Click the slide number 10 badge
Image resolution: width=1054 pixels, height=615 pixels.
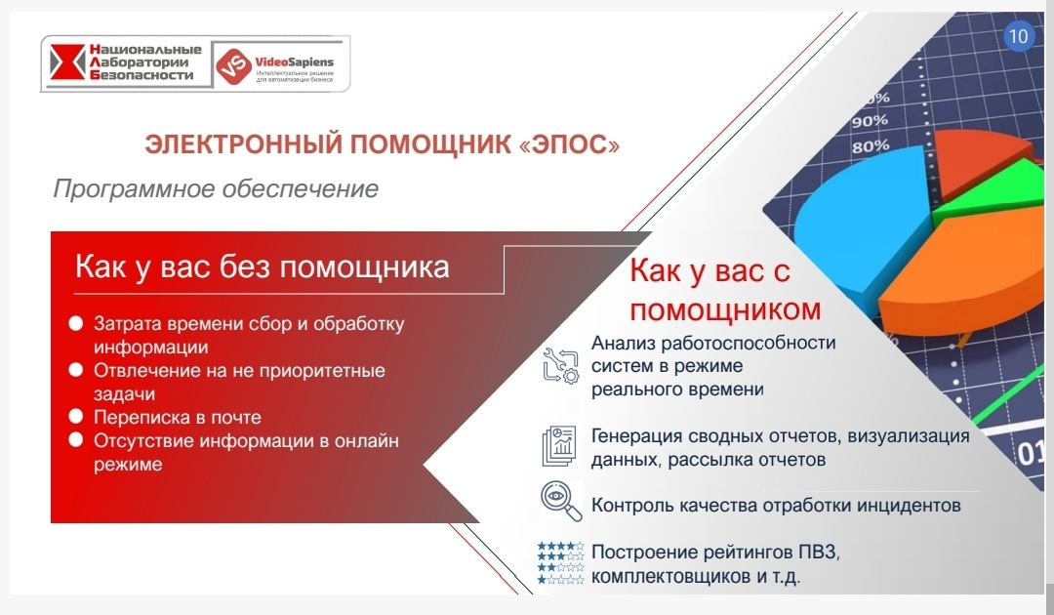[1018, 37]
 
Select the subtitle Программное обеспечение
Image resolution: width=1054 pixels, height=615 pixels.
[215, 188]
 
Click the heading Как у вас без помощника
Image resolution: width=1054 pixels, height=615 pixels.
[263, 266]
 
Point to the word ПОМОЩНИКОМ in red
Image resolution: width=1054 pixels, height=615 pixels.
[724, 310]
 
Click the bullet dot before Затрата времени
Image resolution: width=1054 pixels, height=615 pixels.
[75, 323]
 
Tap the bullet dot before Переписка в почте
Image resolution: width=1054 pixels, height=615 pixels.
[75, 417]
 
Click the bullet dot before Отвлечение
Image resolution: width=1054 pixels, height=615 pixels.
[75, 371]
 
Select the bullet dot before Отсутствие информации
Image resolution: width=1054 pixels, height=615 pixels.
[75, 440]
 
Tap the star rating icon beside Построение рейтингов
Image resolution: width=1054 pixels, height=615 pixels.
[560, 564]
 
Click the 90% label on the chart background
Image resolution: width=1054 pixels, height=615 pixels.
[870, 122]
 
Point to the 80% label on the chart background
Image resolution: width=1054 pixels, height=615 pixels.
[870, 147]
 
